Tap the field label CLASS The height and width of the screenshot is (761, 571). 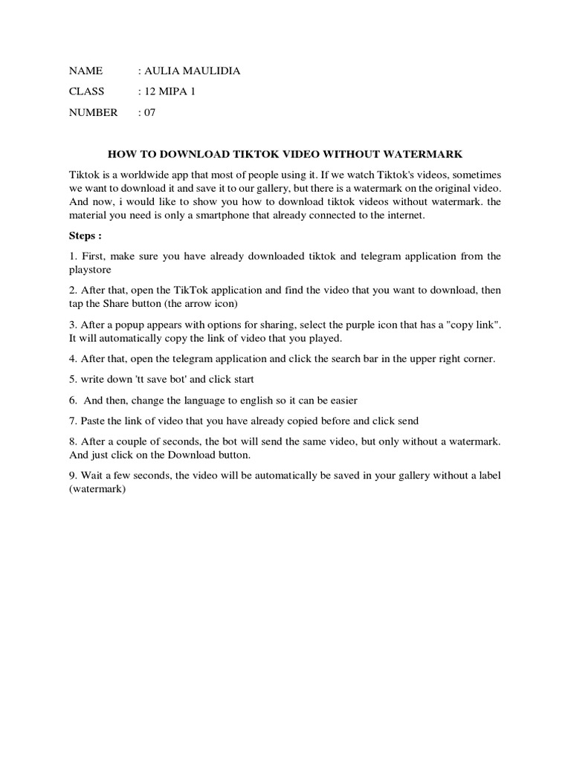pos(87,92)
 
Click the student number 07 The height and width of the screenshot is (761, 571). pos(149,113)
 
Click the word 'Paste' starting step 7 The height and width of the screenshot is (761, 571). pos(94,421)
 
